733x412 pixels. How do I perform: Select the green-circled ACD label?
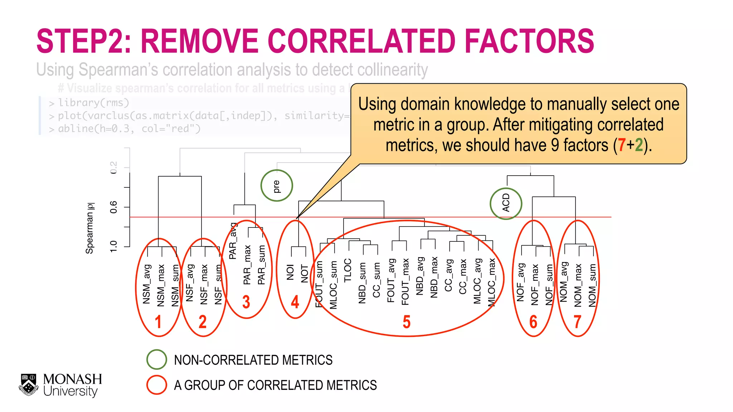(x=506, y=203)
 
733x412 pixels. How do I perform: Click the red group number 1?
(x=158, y=322)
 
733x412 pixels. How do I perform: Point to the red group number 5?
(x=407, y=322)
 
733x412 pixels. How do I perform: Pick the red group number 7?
(x=577, y=322)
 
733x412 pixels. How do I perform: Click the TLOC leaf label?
(x=348, y=270)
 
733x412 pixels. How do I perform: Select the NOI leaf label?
(x=290, y=272)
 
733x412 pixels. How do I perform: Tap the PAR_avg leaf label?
(x=233, y=241)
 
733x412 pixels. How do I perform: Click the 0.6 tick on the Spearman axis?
(x=113, y=207)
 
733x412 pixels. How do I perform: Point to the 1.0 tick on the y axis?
(x=113, y=246)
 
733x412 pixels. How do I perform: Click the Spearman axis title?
(x=89, y=228)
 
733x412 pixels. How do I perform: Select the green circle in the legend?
(x=157, y=359)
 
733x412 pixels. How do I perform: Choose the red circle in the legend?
(x=157, y=385)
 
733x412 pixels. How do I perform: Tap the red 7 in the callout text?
(x=621, y=145)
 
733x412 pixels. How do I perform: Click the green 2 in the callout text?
(x=639, y=145)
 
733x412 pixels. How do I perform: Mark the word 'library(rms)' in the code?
(x=93, y=103)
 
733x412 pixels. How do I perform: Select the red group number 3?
(x=246, y=302)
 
